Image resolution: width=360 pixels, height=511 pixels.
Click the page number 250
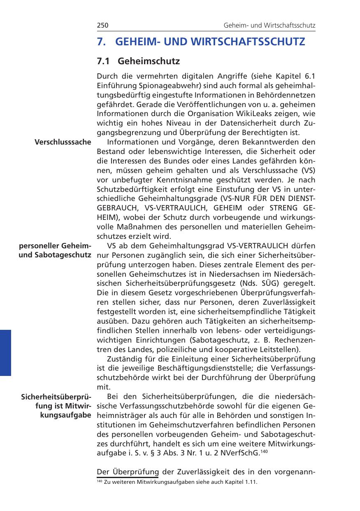pyautogui.click(x=102, y=26)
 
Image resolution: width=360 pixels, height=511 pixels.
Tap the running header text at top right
pyautogui.click(x=269, y=26)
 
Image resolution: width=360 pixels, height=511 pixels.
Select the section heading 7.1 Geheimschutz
pyautogui.click(x=138, y=61)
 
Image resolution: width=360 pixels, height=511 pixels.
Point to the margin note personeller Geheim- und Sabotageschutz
pyautogui.click(x=55, y=250)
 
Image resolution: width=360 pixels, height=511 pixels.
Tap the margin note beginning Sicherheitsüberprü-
pyautogui.click(x=56, y=406)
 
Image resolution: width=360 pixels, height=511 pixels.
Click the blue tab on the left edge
pyautogui.click(x=5, y=352)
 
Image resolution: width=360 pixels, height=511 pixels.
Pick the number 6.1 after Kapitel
pyautogui.click(x=308, y=76)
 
